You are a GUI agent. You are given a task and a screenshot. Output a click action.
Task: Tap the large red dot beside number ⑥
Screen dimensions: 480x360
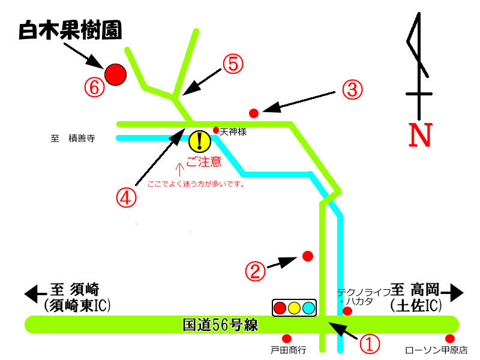[115, 74]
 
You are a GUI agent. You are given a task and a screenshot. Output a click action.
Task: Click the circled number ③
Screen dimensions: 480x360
[353, 89]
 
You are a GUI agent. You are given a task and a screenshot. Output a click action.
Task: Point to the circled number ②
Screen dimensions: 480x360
[255, 272]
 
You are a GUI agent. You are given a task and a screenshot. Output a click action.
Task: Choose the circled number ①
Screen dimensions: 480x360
[370, 343]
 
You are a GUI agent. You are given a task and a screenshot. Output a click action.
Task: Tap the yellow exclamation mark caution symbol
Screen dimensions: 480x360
[199, 142]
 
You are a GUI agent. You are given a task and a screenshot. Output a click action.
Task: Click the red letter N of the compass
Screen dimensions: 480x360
[420, 136]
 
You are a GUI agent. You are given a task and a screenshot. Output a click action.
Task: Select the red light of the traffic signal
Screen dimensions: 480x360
[280, 308]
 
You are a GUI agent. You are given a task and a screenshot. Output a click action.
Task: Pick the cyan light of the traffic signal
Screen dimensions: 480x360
[309, 308]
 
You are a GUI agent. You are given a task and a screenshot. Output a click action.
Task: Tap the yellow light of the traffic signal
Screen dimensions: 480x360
[295, 308]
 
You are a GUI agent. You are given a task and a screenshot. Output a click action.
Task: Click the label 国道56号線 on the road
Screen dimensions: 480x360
[220, 325]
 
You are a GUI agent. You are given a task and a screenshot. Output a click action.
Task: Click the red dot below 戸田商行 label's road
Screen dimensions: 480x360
[287, 338]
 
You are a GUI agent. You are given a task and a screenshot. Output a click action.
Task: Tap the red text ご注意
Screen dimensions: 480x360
[203, 161]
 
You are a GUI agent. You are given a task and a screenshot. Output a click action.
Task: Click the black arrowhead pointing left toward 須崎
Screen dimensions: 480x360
[30, 293]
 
